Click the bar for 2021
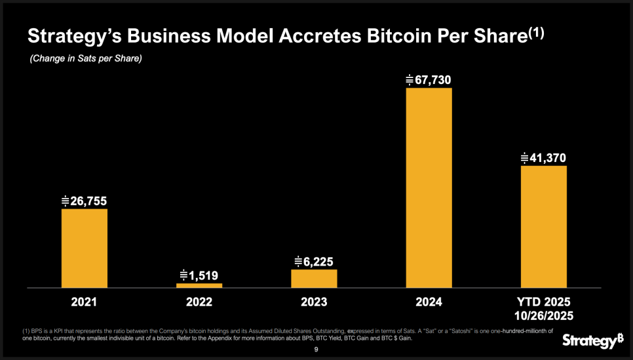(x=85, y=248)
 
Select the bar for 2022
(x=199, y=285)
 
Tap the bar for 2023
(x=314, y=278)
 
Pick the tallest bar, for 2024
(x=429, y=188)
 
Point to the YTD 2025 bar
(x=544, y=226)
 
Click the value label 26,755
(x=85, y=201)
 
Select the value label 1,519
(x=200, y=275)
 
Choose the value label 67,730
(x=429, y=80)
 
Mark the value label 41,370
(x=544, y=158)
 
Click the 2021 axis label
(x=85, y=302)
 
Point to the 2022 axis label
(x=199, y=302)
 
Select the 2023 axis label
(x=314, y=302)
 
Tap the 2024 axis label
(x=429, y=302)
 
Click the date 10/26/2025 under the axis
(x=544, y=315)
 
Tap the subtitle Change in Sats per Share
(x=86, y=59)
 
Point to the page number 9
(x=316, y=350)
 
